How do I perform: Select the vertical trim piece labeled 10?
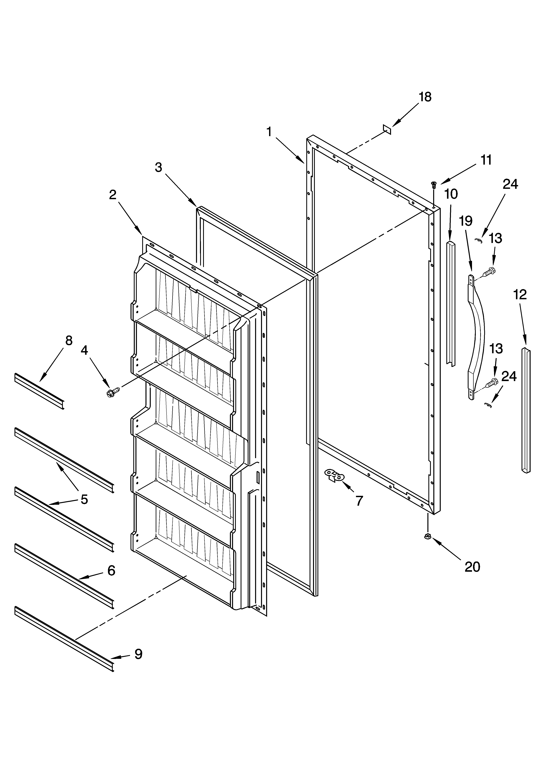(x=451, y=302)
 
